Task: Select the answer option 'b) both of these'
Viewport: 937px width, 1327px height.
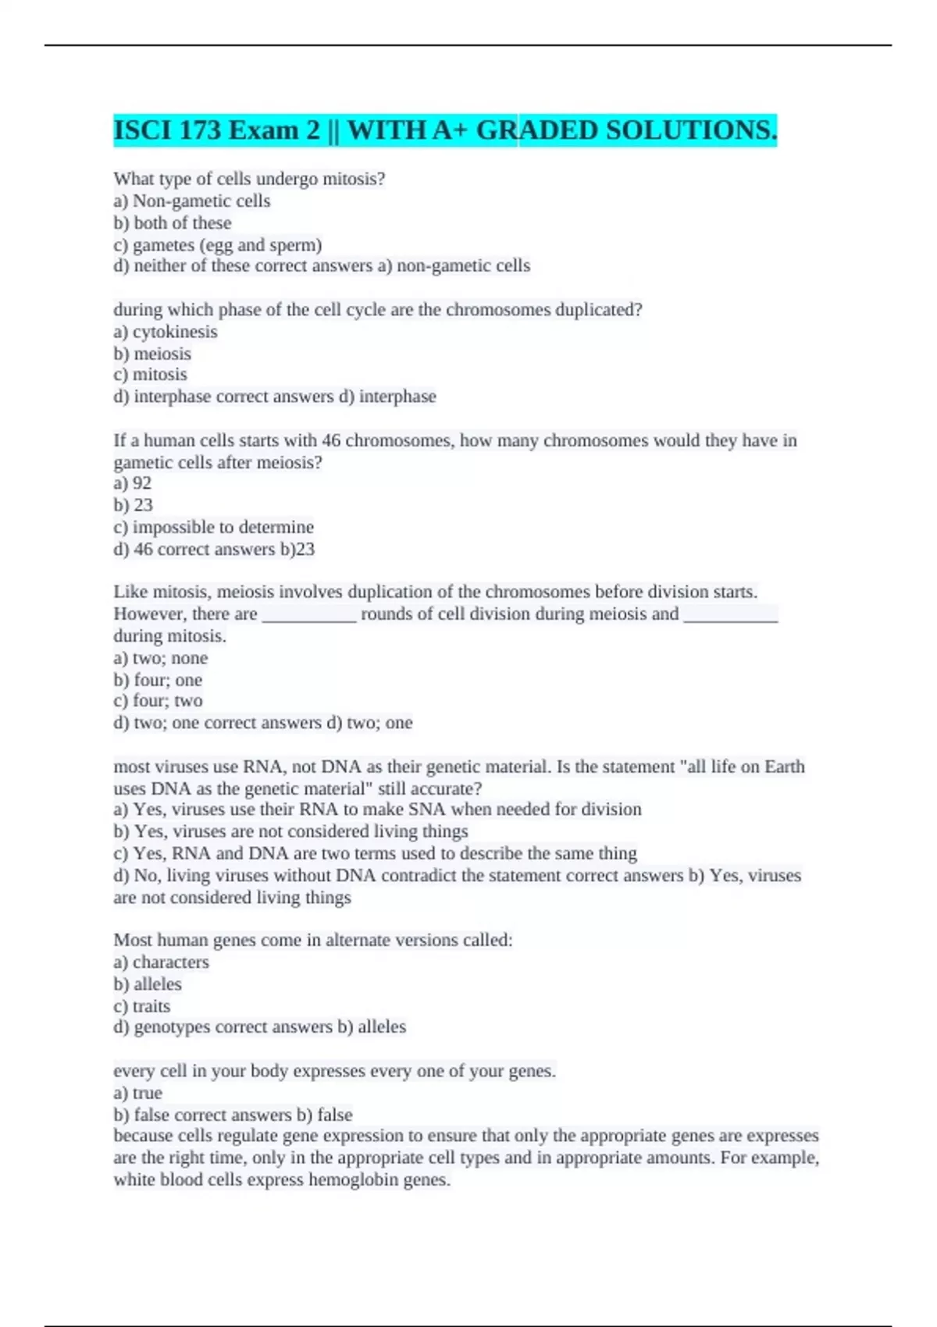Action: tap(173, 223)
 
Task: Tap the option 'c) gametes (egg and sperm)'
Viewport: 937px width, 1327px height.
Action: tap(218, 245)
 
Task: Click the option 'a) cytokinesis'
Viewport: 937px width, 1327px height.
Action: tap(166, 332)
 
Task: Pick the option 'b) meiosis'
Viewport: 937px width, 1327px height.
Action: tap(152, 354)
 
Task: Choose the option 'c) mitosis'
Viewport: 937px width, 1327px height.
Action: tap(151, 375)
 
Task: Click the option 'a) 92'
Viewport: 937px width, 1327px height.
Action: tap(133, 483)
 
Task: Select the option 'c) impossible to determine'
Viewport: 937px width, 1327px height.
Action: tap(214, 527)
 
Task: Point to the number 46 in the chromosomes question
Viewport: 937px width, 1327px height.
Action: tap(331, 441)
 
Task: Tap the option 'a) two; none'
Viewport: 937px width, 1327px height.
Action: tap(161, 658)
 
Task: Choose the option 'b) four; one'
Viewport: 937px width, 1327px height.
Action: tap(158, 680)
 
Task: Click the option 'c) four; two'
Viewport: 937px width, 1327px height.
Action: tap(158, 701)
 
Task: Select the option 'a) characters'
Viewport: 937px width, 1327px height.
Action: tap(162, 962)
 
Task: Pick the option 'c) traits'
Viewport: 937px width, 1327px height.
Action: tap(142, 1006)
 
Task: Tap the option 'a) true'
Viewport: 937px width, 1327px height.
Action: tap(138, 1094)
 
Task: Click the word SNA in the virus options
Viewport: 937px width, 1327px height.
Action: tap(428, 809)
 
